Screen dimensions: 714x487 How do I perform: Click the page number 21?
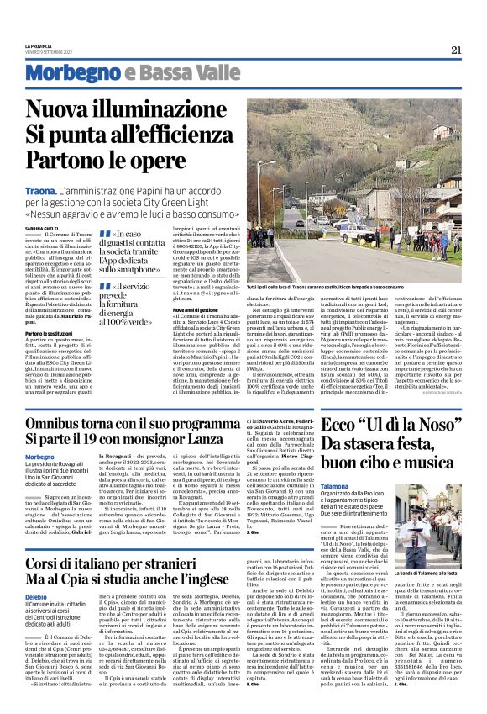tap(456, 50)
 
